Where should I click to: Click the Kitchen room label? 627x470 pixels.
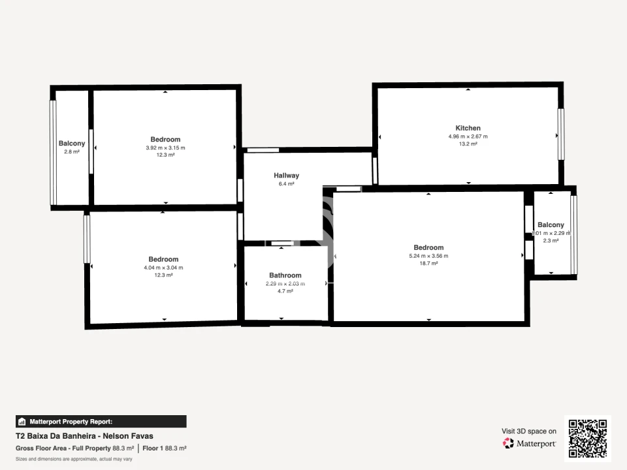(468, 128)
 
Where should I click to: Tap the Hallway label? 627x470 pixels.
(286, 176)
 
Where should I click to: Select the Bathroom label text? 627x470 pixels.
(285, 275)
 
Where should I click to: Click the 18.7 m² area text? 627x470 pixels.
(428, 263)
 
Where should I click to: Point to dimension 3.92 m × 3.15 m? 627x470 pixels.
(165, 148)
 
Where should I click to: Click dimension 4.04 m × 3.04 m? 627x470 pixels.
(163, 268)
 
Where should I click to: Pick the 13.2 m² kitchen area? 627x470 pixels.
(468, 144)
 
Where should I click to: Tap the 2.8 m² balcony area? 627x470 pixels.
(71, 151)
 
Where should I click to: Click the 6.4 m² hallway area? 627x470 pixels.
(286, 184)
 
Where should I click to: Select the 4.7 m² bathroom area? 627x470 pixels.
(285, 291)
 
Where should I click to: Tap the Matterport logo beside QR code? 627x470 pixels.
(529, 443)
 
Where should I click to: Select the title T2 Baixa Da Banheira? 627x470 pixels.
(85, 436)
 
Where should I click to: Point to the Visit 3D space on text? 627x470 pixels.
(529, 431)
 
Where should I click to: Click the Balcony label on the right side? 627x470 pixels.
(551, 225)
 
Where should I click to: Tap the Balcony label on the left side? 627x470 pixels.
(71, 144)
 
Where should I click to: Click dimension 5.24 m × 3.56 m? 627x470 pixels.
(428, 256)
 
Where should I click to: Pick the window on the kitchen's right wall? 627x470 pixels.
(560, 134)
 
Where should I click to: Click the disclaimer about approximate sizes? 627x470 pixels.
(73, 459)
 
